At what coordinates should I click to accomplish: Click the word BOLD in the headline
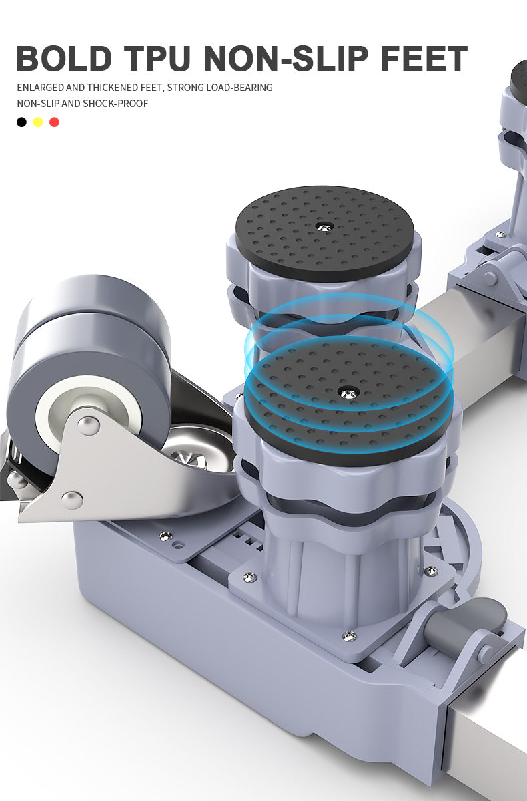(64, 58)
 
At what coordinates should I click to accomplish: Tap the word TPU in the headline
(158, 58)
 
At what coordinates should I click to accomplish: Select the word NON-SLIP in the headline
(286, 58)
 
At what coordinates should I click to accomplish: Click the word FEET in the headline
(424, 58)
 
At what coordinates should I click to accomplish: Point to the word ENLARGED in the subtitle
(40, 88)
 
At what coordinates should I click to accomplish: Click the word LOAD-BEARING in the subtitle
(239, 88)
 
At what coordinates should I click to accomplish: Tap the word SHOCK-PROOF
(115, 103)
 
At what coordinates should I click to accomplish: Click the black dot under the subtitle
(21, 122)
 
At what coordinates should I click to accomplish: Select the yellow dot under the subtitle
(38, 122)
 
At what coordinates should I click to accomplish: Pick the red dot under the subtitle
(54, 122)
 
